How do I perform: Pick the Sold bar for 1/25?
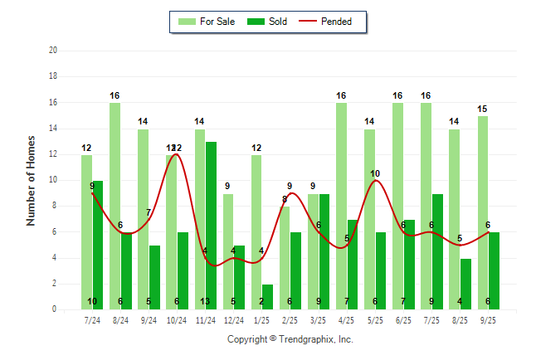click(268, 297)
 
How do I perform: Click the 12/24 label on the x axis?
click(234, 319)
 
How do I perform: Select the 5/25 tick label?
click(375, 319)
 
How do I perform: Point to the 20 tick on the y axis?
click(53, 51)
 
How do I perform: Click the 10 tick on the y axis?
click(53, 180)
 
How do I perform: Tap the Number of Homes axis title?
click(32, 180)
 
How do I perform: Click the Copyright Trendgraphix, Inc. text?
click(290, 339)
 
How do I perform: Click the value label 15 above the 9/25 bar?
click(482, 109)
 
